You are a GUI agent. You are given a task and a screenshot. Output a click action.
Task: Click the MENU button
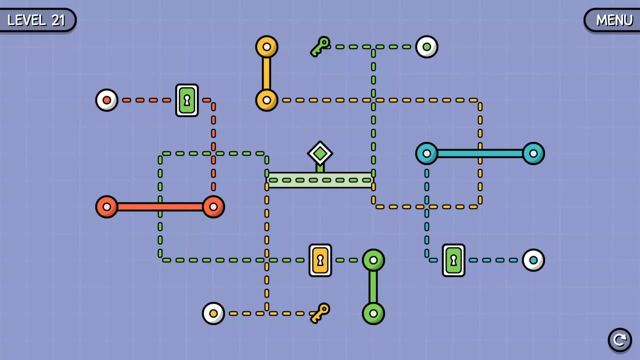[x=612, y=20]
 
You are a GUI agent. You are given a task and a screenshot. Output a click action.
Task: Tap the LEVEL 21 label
[x=37, y=20]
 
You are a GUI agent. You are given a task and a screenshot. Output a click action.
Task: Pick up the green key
[x=320, y=46]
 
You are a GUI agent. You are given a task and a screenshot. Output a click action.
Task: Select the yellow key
[x=320, y=313]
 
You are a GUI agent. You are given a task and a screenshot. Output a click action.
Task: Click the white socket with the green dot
[x=426, y=47]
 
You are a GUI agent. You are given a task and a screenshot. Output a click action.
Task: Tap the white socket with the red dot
[x=106, y=100]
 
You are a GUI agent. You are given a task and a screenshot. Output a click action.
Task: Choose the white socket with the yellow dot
[x=213, y=313]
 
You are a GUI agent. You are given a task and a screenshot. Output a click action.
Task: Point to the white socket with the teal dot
[x=533, y=260]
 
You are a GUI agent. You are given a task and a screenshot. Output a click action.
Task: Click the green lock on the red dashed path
[x=187, y=100]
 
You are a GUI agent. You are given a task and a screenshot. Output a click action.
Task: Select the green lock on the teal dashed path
[x=453, y=260]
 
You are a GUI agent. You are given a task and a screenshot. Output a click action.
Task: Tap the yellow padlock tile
[x=320, y=260]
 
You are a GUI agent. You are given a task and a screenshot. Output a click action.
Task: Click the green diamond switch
[x=320, y=153]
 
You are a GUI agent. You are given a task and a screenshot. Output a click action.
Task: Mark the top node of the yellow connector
[x=266, y=47]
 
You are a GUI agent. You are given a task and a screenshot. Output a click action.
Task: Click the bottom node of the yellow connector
[x=266, y=100]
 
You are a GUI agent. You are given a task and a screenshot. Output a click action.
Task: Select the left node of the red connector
[x=106, y=207]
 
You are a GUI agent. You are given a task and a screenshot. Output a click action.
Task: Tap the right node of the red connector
[x=213, y=207]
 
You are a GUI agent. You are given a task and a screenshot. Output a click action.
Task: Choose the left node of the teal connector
[x=426, y=153]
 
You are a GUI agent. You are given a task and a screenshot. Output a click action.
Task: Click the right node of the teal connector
[x=533, y=153]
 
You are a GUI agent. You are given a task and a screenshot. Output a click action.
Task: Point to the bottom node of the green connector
[x=373, y=313]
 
